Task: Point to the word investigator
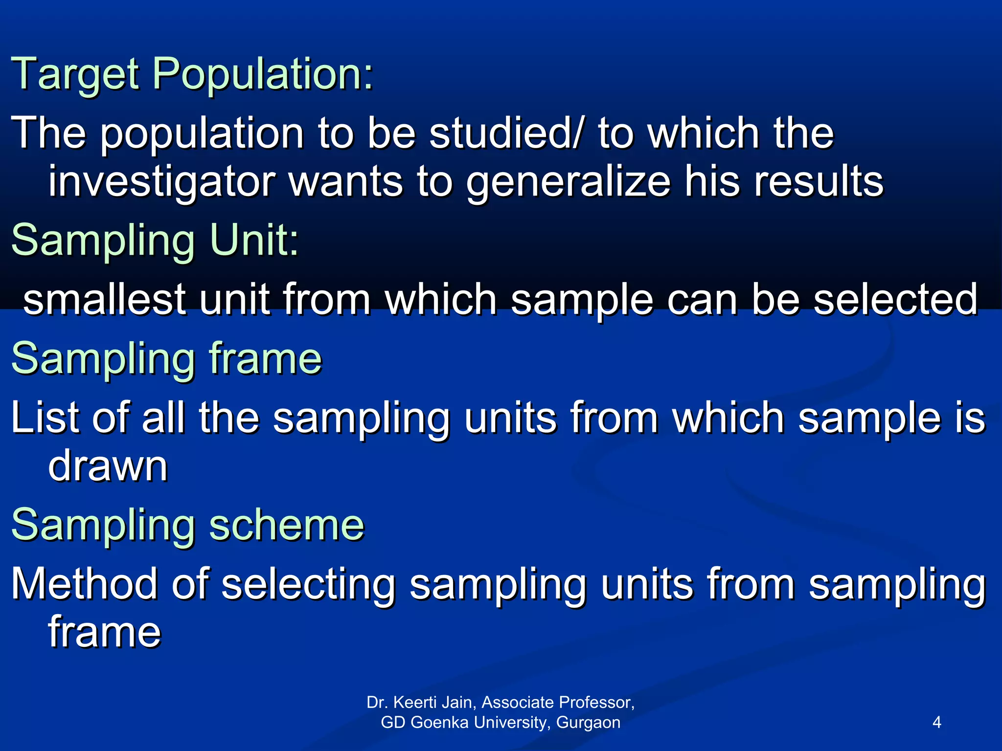(x=161, y=182)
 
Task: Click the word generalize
(x=568, y=182)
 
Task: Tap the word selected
(x=895, y=299)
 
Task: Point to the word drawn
(x=108, y=466)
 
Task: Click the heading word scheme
(x=287, y=525)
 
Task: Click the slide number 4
(x=937, y=722)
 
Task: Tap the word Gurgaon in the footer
(x=588, y=722)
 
